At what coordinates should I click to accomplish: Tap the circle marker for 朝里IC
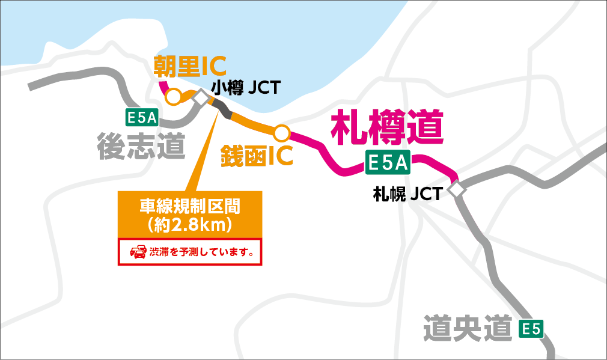173,97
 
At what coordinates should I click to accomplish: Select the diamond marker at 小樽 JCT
201,97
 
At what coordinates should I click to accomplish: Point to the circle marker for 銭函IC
282,132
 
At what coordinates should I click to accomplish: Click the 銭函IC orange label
257,154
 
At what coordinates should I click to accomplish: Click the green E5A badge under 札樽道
388,163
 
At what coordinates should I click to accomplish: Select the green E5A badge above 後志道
142,118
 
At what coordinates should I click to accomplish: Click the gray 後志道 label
141,145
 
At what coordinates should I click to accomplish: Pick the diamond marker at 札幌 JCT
457,189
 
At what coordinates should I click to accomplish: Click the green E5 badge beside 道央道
531,329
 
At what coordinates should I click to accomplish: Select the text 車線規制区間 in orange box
190,207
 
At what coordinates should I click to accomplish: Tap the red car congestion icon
138,252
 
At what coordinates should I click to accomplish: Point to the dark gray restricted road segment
221,109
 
